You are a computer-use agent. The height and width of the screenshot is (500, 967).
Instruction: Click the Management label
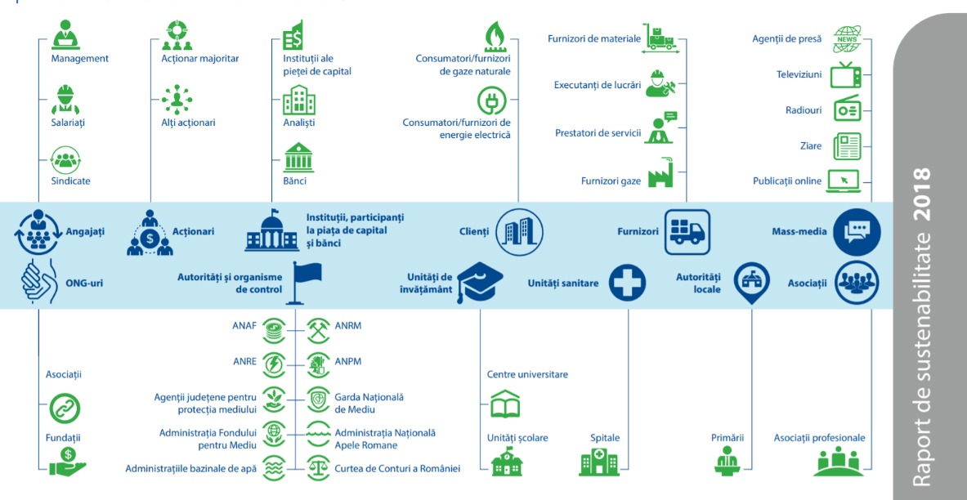click(x=79, y=59)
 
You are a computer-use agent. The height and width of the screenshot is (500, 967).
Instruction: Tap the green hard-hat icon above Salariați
click(x=65, y=99)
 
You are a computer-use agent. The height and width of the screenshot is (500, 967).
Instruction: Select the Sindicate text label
click(x=70, y=181)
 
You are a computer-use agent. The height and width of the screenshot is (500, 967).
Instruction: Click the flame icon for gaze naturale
click(x=495, y=37)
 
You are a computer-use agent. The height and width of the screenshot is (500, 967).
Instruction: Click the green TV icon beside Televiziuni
click(x=846, y=74)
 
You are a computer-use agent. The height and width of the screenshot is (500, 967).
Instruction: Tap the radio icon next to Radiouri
click(x=846, y=109)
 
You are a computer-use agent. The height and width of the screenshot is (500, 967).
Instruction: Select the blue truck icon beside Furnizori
click(x=687, y=232)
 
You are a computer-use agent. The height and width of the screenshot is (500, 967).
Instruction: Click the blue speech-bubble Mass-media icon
click(x=856, y=232)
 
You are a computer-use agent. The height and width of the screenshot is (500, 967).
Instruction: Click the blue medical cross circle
click(x=627, y=283)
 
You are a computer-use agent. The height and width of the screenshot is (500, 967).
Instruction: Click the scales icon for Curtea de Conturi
click(x=317, y=468)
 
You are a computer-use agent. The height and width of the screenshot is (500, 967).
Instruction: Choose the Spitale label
click(x=605, y=438)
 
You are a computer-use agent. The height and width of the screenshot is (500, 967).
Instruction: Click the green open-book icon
click(x=505, y=404)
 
